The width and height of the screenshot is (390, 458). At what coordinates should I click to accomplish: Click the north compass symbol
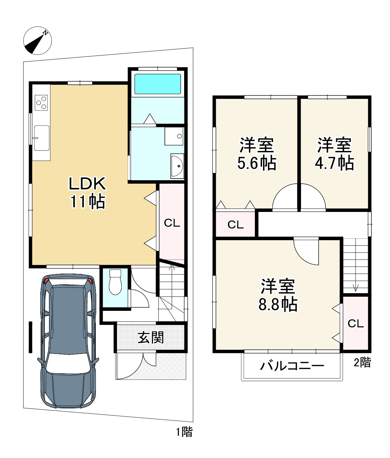click(x=38, y=41)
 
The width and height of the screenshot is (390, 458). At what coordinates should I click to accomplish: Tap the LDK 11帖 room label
click(x=87, y=193)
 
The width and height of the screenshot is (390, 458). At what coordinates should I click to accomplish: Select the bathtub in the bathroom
click(x=158, y=84)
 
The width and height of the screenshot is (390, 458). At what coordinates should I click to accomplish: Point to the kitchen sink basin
click(x=41, y=138)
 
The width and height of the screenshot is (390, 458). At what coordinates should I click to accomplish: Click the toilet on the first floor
click(x=115, y=282)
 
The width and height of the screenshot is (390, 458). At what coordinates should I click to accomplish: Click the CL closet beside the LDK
click(x=172, y=223)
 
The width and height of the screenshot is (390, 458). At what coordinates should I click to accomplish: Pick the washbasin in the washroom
click(x=177, y=166)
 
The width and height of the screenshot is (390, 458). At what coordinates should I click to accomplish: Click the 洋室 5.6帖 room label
click(x=257, y=154)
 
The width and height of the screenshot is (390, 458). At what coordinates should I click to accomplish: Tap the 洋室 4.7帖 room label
click(x=334, y=154)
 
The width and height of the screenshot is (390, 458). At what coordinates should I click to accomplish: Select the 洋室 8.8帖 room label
click(x=278, y=295)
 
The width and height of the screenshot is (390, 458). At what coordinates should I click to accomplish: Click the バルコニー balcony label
click(x=292, y=366)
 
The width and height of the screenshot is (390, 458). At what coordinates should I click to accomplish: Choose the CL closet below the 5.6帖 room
click(x=236, y=225)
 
